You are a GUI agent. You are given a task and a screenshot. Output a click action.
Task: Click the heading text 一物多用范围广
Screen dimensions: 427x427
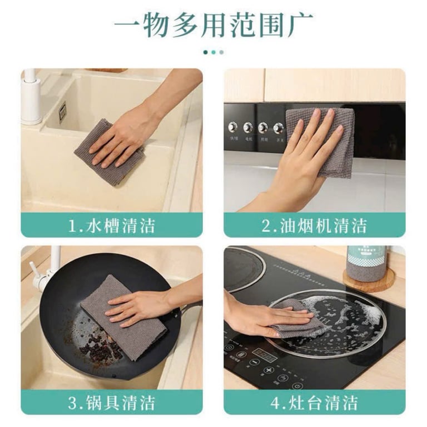(213, 24)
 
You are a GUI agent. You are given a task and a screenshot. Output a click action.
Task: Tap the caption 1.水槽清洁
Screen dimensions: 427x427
(111, 226)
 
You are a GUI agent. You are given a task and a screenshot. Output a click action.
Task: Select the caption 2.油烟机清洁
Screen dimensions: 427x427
(314, 226)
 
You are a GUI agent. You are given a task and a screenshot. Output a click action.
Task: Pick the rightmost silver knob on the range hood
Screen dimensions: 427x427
(278, 128)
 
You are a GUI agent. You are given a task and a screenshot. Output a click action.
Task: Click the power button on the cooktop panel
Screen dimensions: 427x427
(297, 385)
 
